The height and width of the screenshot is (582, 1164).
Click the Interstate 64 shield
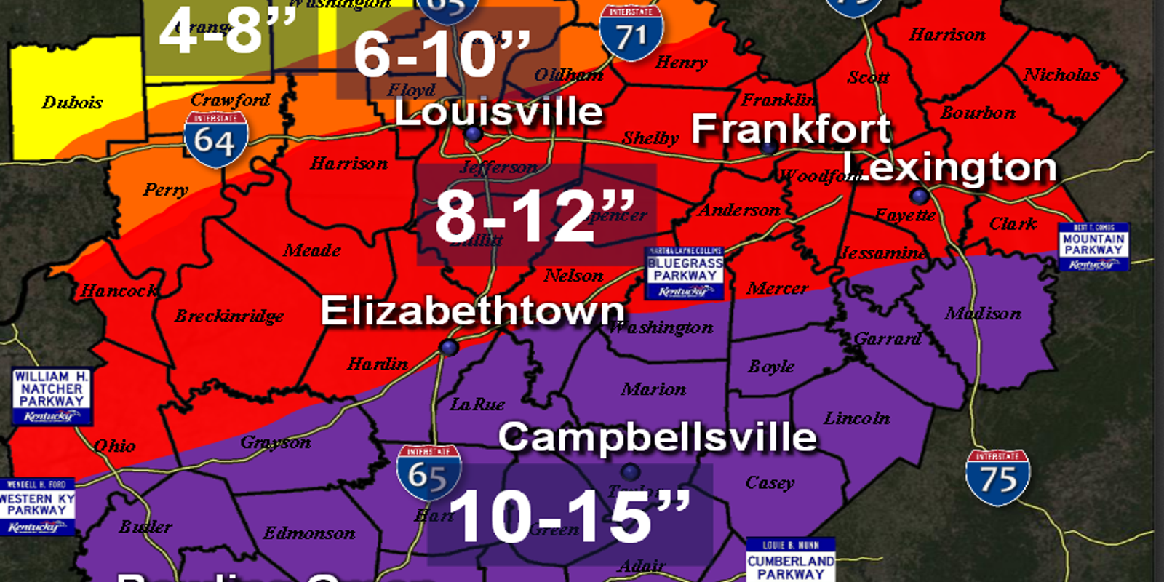[215, 138]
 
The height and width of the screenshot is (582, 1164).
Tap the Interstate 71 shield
[631, 33]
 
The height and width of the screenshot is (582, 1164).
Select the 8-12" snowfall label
[535, 215]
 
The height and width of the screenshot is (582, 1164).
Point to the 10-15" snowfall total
[569, 516]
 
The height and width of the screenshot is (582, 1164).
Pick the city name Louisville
[499, 112]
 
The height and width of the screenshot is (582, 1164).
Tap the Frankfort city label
[791, 129]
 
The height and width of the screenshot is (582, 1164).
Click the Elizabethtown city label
[473, 311]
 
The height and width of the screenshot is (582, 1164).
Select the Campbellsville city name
[657, 437]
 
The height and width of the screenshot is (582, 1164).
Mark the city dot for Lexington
[920, 196]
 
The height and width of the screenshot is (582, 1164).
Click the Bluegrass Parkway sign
[684, 274]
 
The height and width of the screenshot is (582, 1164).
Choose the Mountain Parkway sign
[1093, 247]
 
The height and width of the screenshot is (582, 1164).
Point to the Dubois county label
[72, 103]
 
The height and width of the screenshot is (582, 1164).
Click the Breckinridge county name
[229, 316]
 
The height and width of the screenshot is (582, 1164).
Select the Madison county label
[983, 314]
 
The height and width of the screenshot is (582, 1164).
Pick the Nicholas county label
[1061, 74]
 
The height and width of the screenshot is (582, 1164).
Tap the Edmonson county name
[309, 533]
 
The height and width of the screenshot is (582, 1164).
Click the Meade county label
[312, 250]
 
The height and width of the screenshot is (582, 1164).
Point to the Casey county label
[770, 482]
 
